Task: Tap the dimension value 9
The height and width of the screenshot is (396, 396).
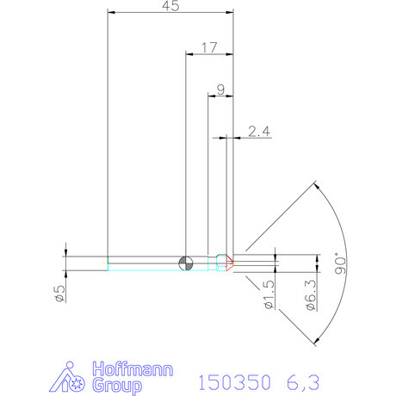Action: tap(220, 89)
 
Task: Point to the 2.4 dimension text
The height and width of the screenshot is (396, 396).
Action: tap(259, 131)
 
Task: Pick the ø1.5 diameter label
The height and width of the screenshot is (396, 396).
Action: tap(269, 294)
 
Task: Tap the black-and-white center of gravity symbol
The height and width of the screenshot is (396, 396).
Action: tap(185, 262)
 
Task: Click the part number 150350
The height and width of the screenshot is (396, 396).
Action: tap(234, 381)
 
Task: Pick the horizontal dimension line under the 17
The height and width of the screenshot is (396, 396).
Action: tap(209, 54)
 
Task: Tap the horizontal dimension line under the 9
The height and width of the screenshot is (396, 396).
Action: tap(220, 96)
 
